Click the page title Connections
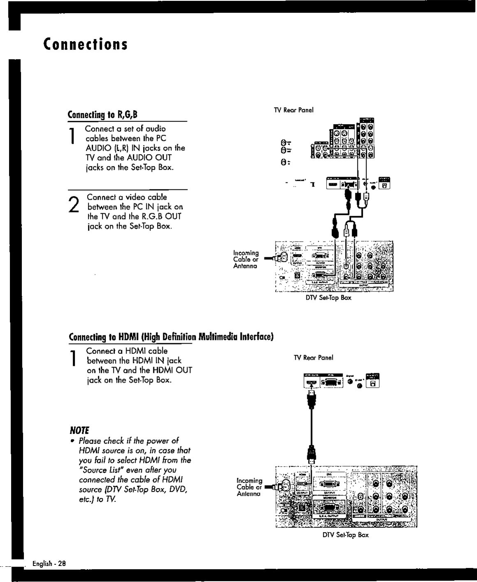pos(86,44)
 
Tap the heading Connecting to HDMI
pos(171,337)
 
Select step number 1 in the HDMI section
pos(73,358)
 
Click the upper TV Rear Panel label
pos(294,110)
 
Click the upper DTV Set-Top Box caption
pos(328,297)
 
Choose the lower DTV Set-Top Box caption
pos(345,535)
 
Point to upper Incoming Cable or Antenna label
pos(245,259)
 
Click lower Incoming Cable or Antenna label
pos(249,487)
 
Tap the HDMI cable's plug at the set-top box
pos(311,455)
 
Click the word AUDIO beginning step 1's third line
pos(99,148)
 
